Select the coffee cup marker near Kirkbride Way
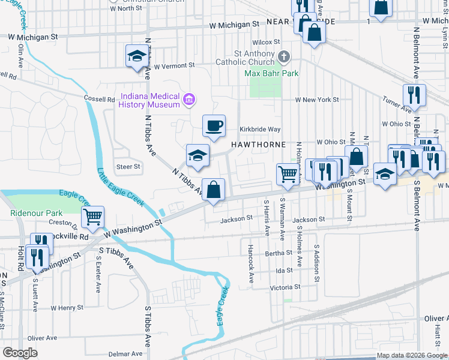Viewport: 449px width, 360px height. pyautogui.click(x=214, y=126)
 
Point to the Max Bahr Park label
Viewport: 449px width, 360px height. pyautogui.click(x=271, y=74)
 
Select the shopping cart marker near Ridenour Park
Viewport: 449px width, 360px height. pyautogui.click(x=92, y=217)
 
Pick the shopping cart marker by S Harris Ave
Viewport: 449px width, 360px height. pyautogui.click(x=288, y=175)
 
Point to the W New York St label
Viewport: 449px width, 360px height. pyautogui.click(x=316, y=100)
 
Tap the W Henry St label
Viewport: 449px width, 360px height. pyautogui.click(x=67, y=308)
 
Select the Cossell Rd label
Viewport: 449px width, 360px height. pyautogui.click(x=100, y=99)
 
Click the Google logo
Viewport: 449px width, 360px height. pyautogui.click(x=20, y=353)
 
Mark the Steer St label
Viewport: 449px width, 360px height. pyautogui.click(x=128, y=167)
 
